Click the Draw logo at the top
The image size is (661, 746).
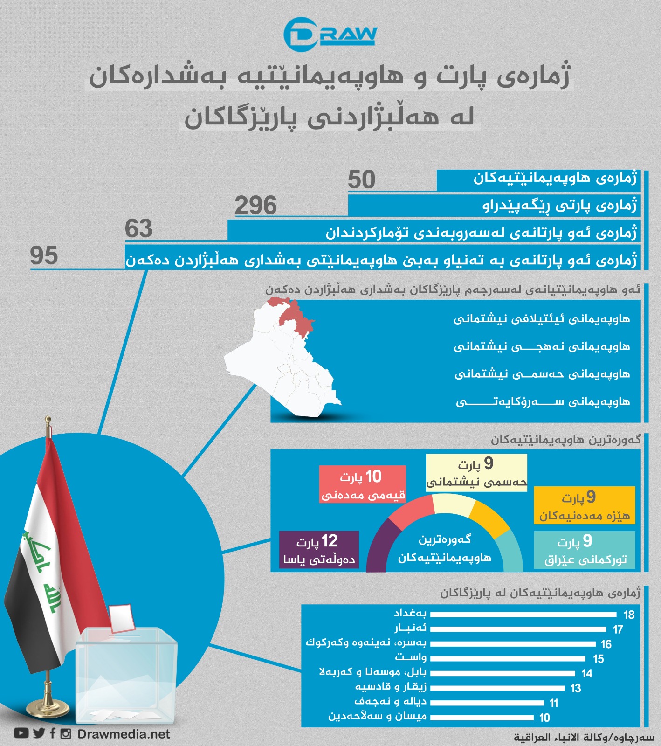pos(330,35)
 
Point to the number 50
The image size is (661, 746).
pos(361,180)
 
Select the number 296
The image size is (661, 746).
pos(255,206)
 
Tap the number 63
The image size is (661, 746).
pos(138,229)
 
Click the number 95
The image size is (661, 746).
pos(44,256)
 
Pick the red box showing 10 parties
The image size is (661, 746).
pos(362,484)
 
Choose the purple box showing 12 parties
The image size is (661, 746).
pos(319,550)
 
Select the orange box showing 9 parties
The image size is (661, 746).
pos(584,505)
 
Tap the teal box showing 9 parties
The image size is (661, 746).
pos(584,550)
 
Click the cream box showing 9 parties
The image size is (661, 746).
pos(476,472)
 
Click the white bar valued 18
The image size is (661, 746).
pos(523,614)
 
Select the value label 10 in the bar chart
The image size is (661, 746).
pos(544,718)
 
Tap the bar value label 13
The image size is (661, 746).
pos(576,688)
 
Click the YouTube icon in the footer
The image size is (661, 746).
pos(21,733)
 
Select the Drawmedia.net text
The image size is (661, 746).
pos(124,734)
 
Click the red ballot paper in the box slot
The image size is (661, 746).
pos(123,618)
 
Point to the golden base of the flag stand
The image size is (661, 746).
pos(48,709)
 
